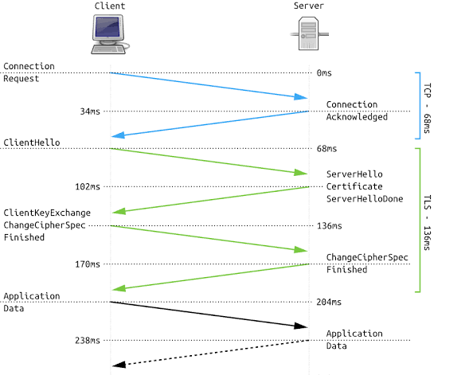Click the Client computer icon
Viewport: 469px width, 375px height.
click(x=109, y=36)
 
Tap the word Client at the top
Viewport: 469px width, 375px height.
click(x=109, y=6)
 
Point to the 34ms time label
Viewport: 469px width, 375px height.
click(x=90, y=111)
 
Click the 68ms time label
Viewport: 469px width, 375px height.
click(x=326, y=149)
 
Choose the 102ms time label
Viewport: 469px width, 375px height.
click(x=88, y=187)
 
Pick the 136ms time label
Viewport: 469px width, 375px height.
click(x=329, y=226)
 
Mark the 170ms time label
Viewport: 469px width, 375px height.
click(x=88, y=264)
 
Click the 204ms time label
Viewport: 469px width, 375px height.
click(x=329, y=303)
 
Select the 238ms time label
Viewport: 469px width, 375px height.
click(x=88, y=341)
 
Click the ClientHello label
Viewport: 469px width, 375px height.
click(x=32, y=143)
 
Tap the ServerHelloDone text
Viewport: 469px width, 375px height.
click(x=365, y=199)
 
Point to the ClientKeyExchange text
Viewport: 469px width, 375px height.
click(x=47, y=213)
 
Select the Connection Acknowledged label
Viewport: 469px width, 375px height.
click(x=357, y=111)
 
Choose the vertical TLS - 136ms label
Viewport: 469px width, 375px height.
click(x=427, y=219)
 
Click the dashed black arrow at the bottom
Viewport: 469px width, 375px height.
click(x=209, y=352)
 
